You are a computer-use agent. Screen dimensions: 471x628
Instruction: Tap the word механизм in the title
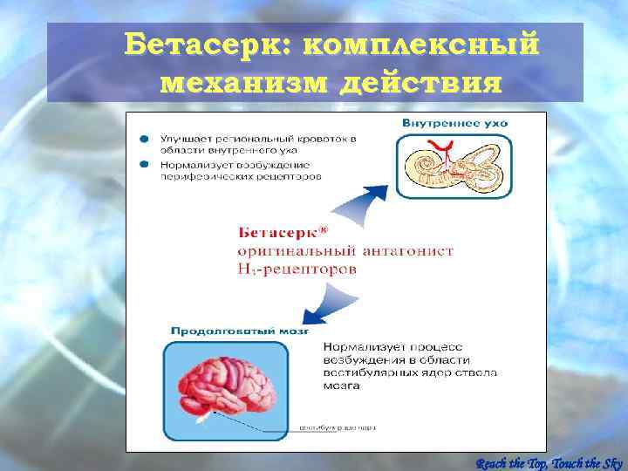pyautogui.click(x=245, y=84)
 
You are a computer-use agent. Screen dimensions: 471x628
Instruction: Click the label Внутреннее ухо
pyautogui.click(x=454, y=123)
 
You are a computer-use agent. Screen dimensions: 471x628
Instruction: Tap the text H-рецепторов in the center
pyautogui.click(x=297, y=270)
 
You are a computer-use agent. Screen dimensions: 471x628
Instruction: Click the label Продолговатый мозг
pyautogui.click(x=238, y=331)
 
